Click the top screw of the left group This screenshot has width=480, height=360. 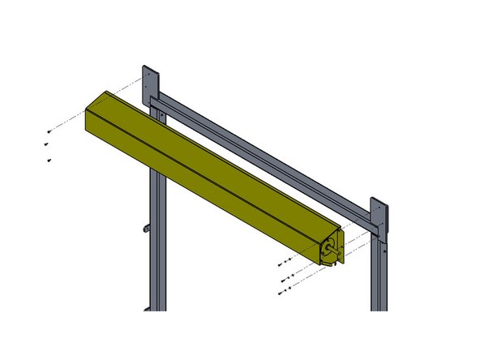coord(49,130)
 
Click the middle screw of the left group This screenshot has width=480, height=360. coord(45,145)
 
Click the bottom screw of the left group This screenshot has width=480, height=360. coord(49,161)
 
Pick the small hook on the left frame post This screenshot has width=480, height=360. coord(147,228)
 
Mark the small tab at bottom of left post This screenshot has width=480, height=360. coord(147,307)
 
